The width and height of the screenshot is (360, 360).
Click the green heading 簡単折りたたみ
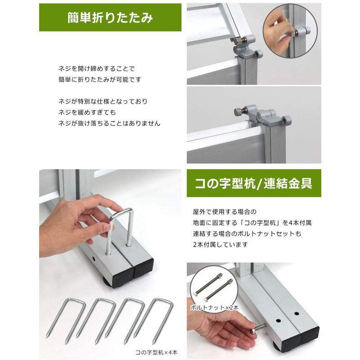(x=110, y=18)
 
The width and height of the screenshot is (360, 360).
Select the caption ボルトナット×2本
(x=215, y=307)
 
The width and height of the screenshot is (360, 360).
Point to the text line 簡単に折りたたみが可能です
(x=99, y=80)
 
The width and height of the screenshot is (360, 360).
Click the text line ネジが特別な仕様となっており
(x=102, y=101)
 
